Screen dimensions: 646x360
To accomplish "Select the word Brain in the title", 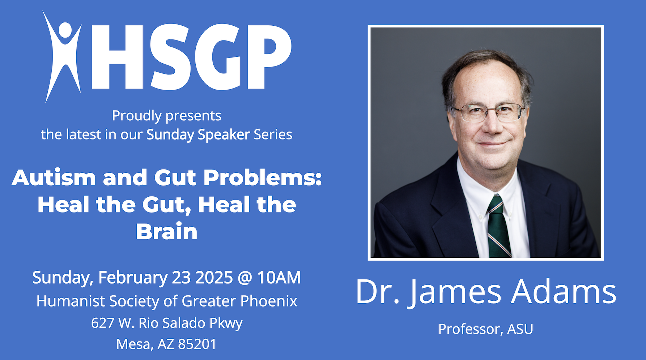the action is pyautogui.click(x=167, y=232).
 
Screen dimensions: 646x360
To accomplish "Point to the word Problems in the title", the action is pyautogui.click(x=262, y=178).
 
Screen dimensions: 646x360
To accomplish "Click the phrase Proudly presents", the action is pyautogui.click(x=166, y=116).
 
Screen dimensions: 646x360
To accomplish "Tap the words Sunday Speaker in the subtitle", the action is pyautogui.click(x=198, y=135).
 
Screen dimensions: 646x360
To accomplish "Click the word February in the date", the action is pyautogui.click(x=133, y=278).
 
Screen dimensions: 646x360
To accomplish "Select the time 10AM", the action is pyautogui.click(x=279, y=278).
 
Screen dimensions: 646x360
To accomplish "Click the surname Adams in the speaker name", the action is pyautogui.click(x=564, y=292).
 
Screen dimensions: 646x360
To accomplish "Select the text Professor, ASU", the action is pyautogui.click(x=485, y=329).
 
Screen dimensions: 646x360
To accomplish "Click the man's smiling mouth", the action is pyautogui.click(x=493, y=144).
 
